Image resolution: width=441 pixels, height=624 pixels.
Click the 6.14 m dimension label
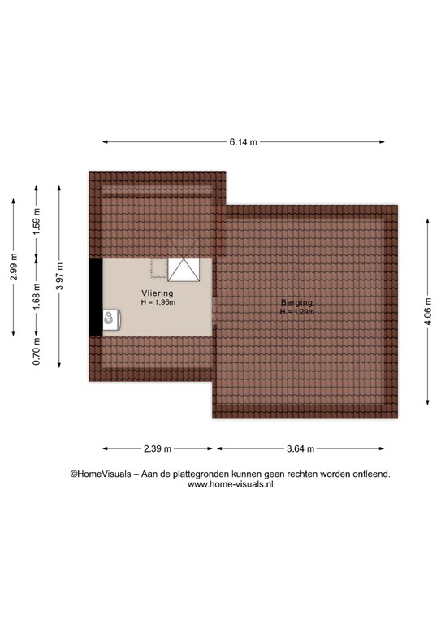point(244,142)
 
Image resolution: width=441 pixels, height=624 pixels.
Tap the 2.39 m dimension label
point(158,448)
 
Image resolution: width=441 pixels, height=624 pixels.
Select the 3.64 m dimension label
point(300,448)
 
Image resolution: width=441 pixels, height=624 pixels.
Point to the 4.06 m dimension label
point(428,312)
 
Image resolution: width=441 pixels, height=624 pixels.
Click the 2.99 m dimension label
point(14,266)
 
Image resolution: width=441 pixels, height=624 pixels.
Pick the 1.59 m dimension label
point(37,221)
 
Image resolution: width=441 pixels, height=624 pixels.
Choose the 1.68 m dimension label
point(37,297)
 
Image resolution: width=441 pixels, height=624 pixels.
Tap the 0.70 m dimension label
point(37,351)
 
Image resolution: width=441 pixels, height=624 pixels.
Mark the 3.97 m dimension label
point(59,276)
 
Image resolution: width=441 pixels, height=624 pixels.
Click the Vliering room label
point(158,293)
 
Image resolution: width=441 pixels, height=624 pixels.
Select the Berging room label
point(296,302)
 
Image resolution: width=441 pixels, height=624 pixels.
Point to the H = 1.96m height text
point(158,302)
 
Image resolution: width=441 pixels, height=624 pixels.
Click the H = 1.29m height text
point(296,312)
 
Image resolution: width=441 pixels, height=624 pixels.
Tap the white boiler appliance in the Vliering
point(111,319)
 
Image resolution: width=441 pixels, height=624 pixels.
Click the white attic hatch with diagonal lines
point(184,270)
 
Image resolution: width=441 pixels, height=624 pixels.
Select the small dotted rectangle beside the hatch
point(158,268)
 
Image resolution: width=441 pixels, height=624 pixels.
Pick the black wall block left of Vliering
point(96,297)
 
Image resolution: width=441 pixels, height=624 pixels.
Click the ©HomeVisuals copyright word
point(101,474)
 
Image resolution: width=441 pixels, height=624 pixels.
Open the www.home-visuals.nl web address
point(230,484)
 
